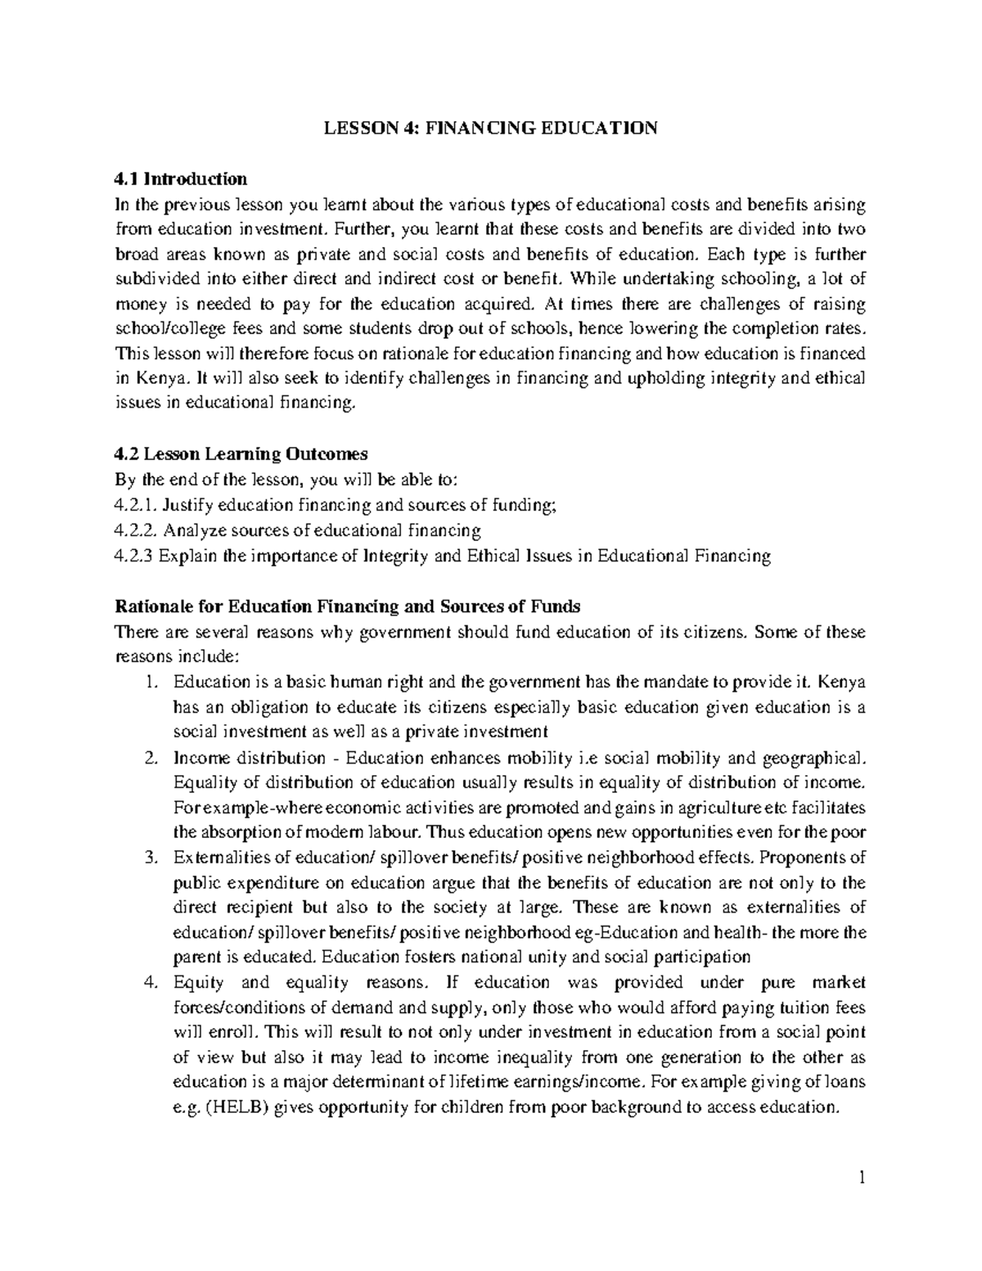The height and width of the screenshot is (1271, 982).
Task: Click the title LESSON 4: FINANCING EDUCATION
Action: (x=490, y=128)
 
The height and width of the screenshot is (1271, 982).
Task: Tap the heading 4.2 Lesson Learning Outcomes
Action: (x=242, y=454)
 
